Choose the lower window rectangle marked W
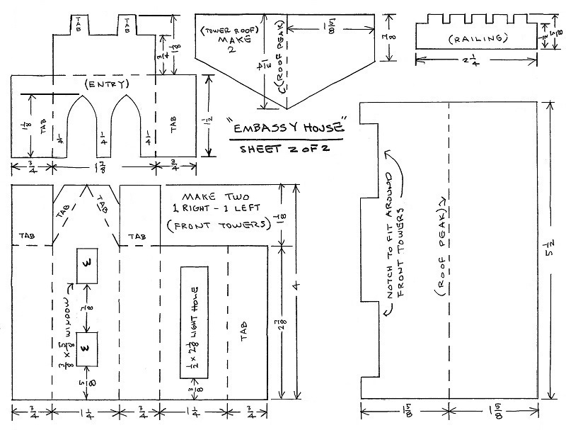[86, 348]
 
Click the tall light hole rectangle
[193, 322]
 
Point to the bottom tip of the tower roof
[286, 109]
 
